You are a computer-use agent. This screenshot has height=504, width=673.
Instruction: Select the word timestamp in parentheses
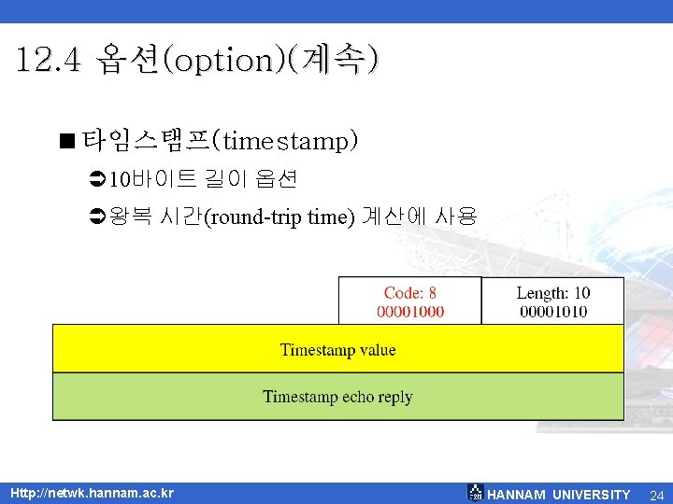287,142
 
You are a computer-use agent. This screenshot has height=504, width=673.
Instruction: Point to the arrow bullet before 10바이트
96,177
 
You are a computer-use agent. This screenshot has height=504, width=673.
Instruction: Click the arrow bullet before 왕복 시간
96,218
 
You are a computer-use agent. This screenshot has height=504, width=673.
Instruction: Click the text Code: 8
409,293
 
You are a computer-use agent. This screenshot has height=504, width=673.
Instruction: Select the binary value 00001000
410,311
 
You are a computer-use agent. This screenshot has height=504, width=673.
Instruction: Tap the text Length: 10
552,293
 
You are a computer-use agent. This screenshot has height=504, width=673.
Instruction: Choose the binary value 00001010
552,311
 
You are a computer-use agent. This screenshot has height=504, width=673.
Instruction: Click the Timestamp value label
337,350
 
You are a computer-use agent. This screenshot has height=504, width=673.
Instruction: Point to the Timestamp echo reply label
337,397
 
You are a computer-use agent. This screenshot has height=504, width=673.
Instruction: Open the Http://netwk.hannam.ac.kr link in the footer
92,493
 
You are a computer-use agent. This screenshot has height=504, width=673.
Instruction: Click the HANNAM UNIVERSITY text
559,495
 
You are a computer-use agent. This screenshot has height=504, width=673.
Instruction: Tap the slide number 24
657,495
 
